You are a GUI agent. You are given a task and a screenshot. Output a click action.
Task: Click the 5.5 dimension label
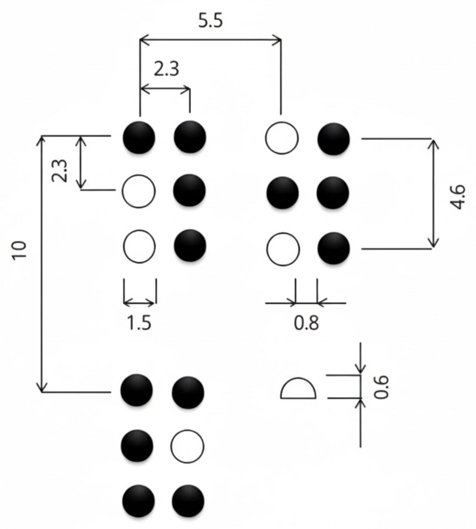point(210,21)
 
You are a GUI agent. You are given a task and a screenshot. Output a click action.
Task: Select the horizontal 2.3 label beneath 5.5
point(166,69)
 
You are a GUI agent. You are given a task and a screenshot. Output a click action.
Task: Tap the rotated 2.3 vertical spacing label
point(61,171)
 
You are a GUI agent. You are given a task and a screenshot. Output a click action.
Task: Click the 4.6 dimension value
point(458,197)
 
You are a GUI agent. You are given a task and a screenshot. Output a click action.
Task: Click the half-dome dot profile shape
point(298,389)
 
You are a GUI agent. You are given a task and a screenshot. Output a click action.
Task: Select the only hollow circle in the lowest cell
point(188,445)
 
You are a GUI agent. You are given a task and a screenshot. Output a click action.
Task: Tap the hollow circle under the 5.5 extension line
point(282,138)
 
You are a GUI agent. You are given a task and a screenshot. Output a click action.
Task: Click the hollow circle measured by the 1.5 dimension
point(139,247)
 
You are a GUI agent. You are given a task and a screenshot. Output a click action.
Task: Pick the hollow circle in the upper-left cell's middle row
point(139,191)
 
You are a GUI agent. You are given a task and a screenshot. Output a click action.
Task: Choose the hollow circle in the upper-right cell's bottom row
point(282,249)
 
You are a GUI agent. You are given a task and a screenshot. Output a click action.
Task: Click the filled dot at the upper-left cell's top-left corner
point(139,137)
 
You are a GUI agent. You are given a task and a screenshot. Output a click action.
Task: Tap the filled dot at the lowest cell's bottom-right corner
point(188,500)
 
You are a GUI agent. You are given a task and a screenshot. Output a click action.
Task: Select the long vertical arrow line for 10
point(42,264)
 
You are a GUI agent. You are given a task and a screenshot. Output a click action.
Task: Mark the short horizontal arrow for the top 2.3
point(165,88)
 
